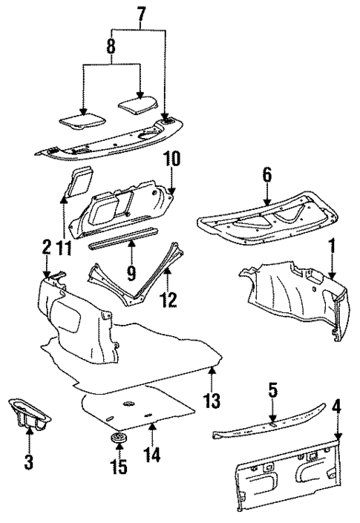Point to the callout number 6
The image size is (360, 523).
point(266,175)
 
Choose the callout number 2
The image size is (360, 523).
point(46,249)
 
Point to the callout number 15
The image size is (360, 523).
point(118,467)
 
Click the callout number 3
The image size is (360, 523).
point(28,463)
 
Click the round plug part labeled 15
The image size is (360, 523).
point(118,442)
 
